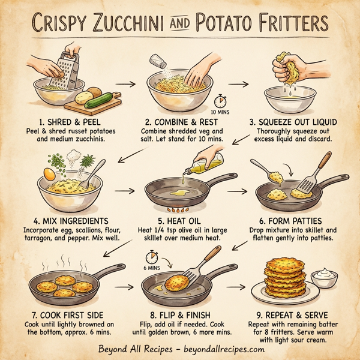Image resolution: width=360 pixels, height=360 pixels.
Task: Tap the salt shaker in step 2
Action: point(157,61)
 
